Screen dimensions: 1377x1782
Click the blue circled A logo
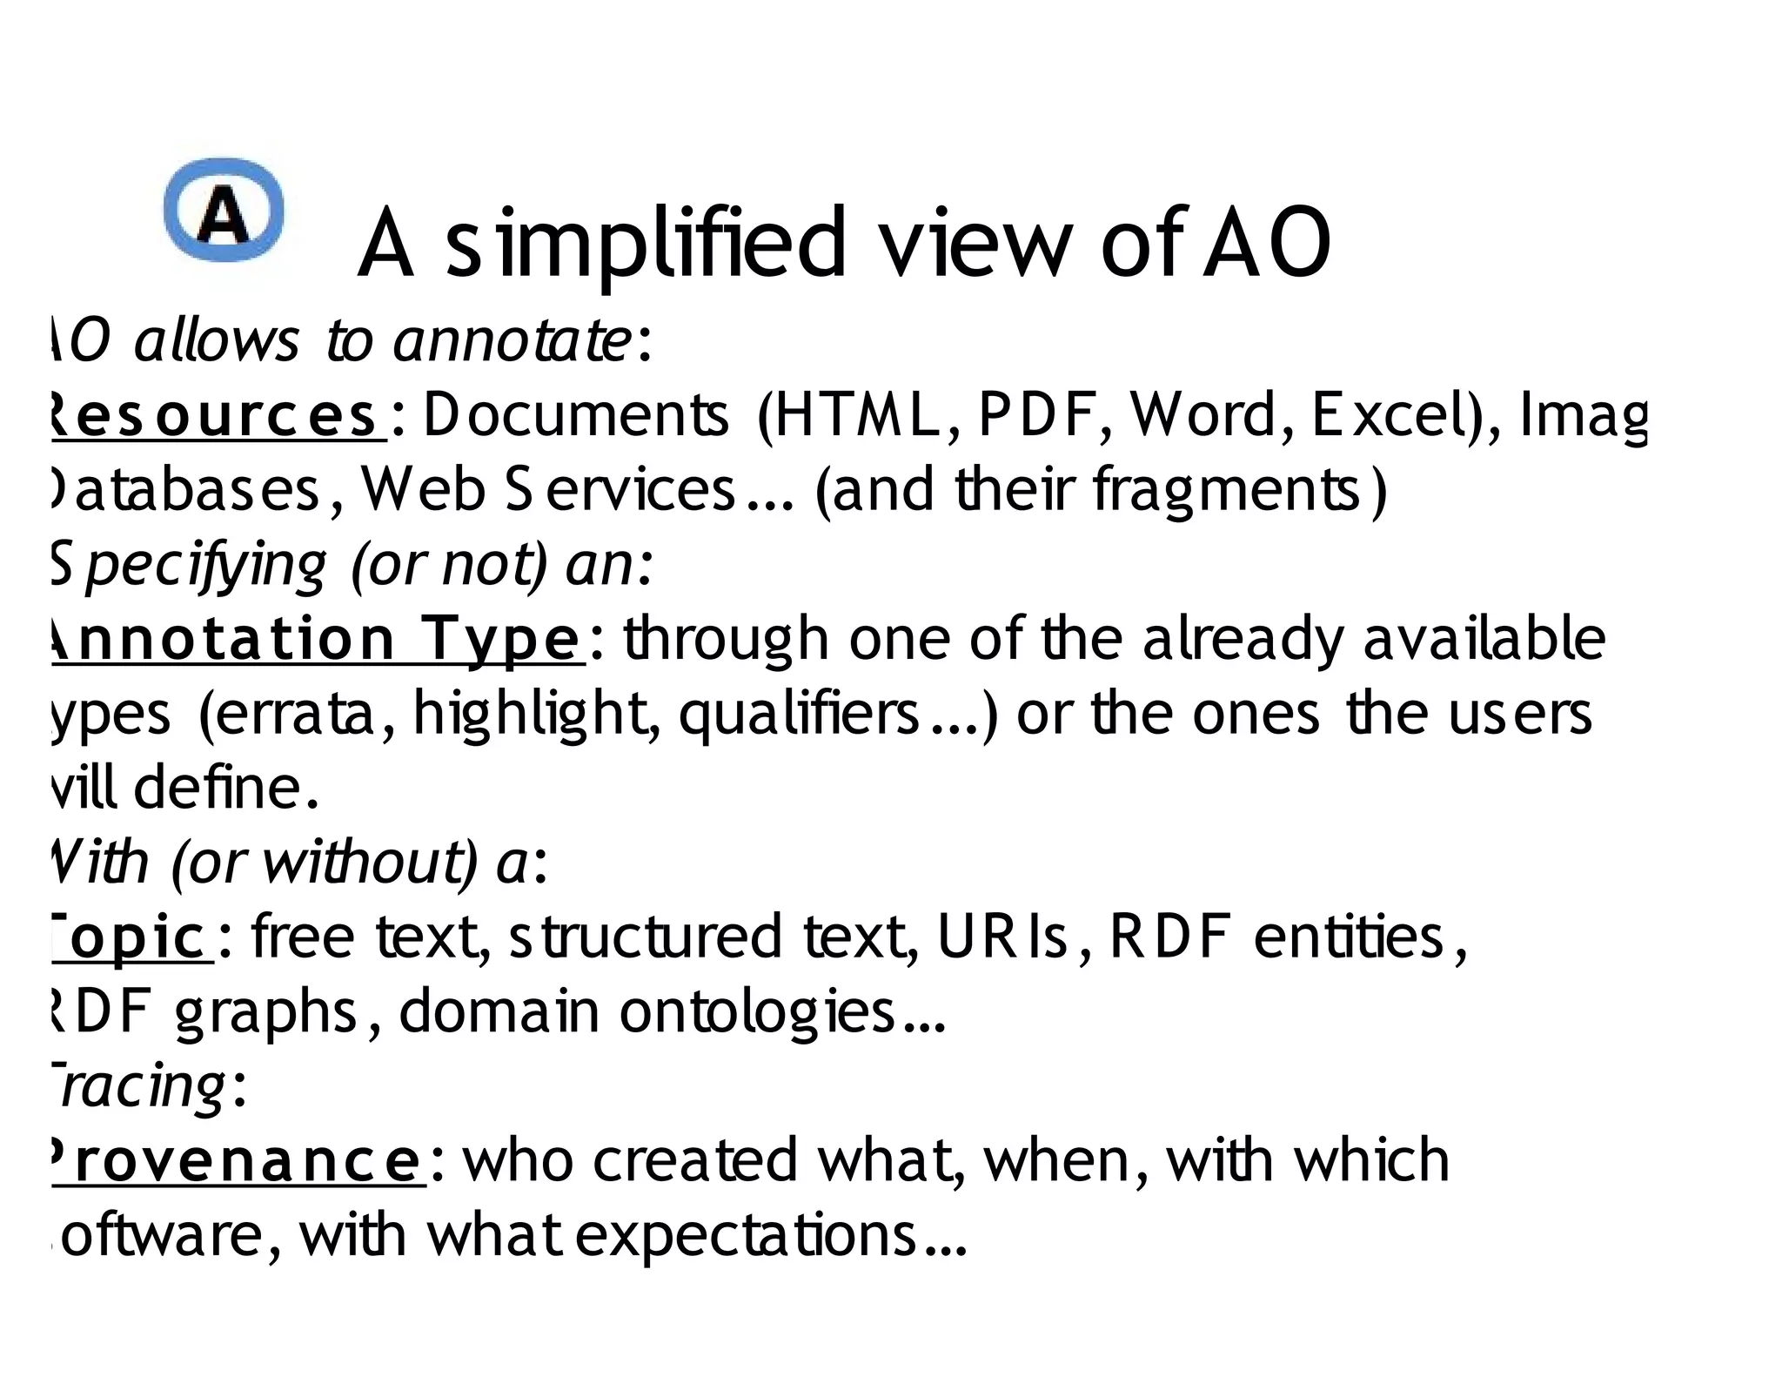(224, 211)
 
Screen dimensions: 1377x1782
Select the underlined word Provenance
(237, 1160)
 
